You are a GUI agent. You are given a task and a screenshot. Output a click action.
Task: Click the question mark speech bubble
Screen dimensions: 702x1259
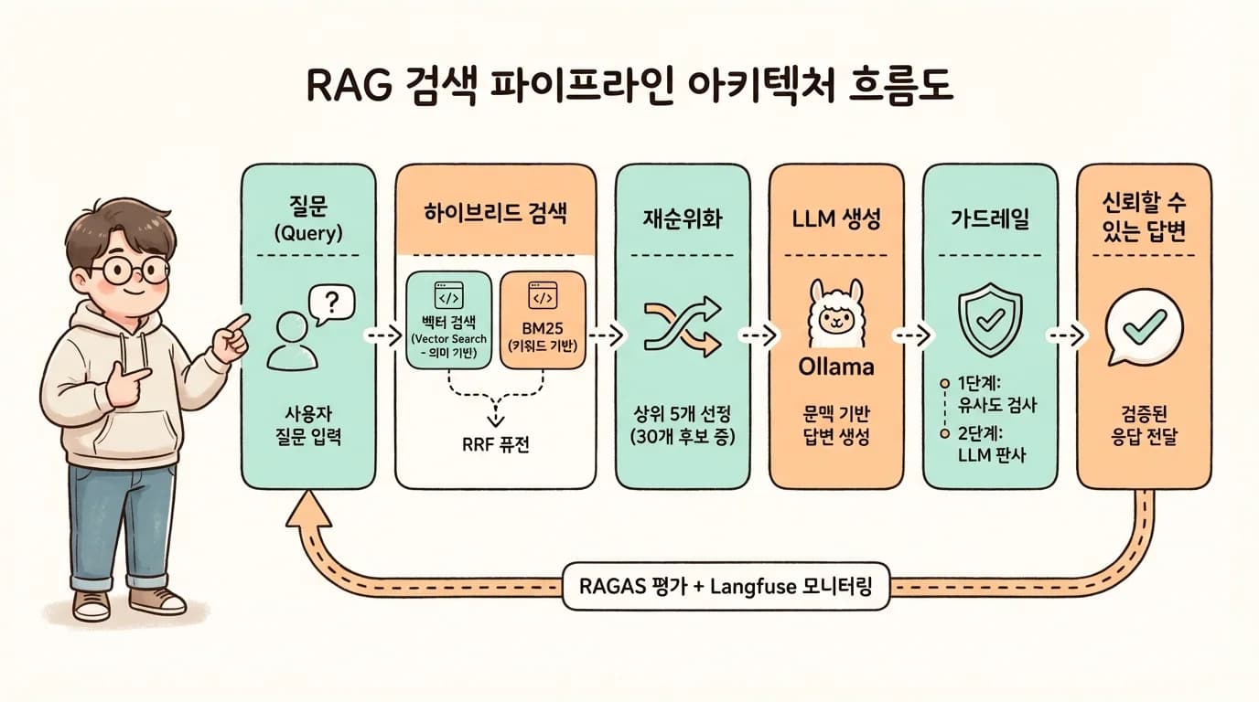pyautogui.click(x=332, y=302)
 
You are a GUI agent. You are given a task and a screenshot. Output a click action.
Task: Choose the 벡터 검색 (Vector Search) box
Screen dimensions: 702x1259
pyautogui.click(x=447, y=320)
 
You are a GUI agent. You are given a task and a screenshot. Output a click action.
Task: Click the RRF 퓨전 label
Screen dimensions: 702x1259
pyautogui.click(x=495, y=445)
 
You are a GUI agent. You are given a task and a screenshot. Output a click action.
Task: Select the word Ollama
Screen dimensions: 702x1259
pyautogui.click(x=835, y=367)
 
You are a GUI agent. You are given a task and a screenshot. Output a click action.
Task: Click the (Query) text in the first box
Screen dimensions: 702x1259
pyautogui.click(x=307, y=232)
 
